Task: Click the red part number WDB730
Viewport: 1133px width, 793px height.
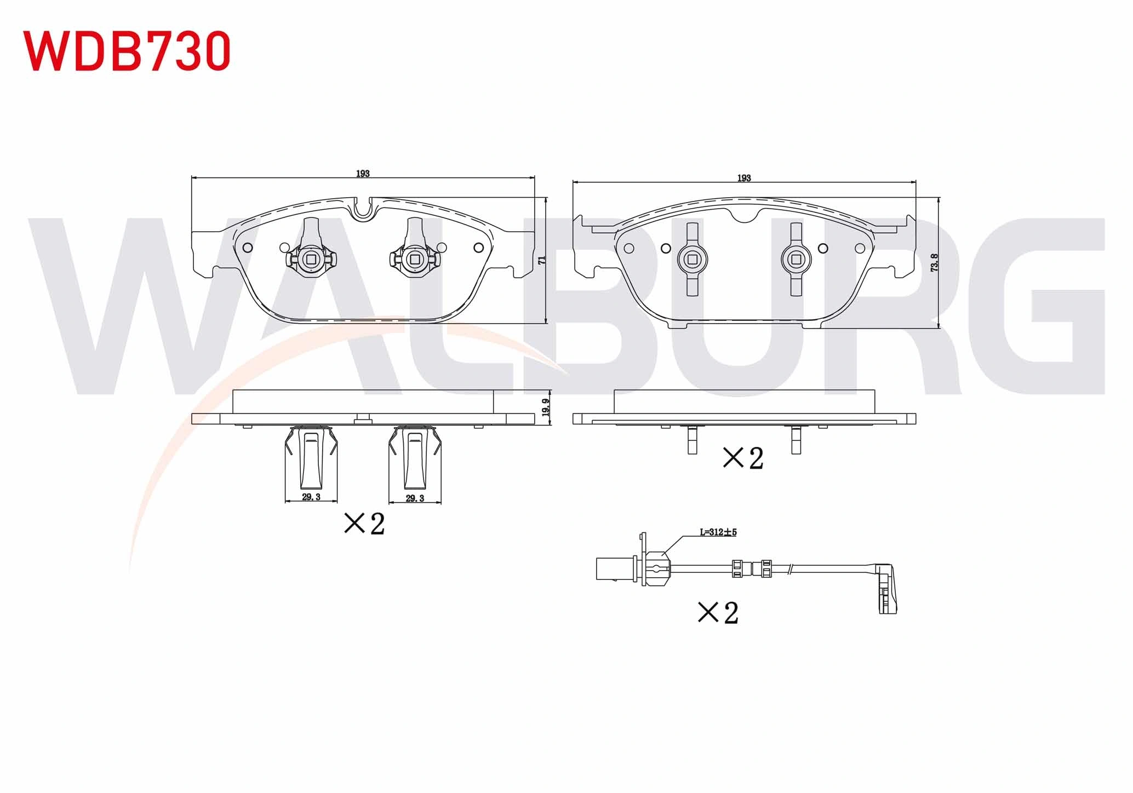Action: tap(127, 50)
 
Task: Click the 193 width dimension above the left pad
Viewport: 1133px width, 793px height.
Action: tap(363, 174)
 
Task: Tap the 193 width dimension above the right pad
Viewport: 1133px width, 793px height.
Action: tap(744, 178)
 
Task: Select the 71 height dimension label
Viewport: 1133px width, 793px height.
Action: tap(542, 260)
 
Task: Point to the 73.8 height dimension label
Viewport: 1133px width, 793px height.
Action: tap(934, 263)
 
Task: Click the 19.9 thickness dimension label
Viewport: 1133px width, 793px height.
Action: tap(545, 408)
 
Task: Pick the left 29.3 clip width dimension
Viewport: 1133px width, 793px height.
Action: tap(311, 497)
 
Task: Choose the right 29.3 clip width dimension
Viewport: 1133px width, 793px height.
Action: tap(415, 498)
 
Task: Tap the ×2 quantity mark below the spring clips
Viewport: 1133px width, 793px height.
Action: tap(364, 524)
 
